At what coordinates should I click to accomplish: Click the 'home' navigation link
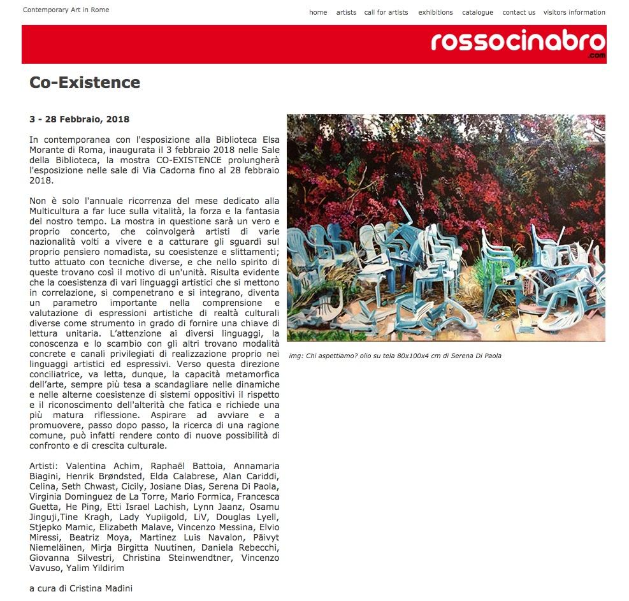click(x=318, y=12)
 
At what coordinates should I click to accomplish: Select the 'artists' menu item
click(x=346, y=12)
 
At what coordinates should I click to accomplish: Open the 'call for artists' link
click(x=386, y=12)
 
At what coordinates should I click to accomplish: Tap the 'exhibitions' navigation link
click(x=435, y=12)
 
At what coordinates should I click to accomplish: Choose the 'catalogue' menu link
click(x=477, y=12)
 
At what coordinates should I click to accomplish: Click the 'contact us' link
click(x=519, y=12)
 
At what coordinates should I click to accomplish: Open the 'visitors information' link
click(x=574, y=12)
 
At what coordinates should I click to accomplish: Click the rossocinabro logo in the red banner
click(x=517, y=42)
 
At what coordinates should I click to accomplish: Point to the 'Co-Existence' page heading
click(x=85, y=82)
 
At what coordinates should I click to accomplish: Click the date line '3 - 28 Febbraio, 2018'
click(x=79, y=119)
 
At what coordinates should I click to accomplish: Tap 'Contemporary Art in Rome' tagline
click(x=66, y=10)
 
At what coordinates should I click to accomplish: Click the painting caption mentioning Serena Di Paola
click(x=394, y=356)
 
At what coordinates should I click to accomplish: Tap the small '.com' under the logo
click(x=597, y=56)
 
